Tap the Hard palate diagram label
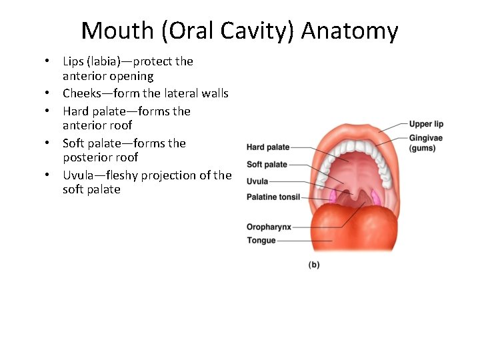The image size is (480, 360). pos(268,147)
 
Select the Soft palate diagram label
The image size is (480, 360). pos(267,164)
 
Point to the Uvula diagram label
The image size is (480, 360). pos(257,181)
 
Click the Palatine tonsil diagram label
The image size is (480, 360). pos(273,197)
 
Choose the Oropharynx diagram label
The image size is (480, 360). pos(269,227)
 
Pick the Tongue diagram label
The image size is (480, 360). pos(261,240)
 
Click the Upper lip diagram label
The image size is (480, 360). pos(426,124)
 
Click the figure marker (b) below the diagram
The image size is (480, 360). pos(313,265)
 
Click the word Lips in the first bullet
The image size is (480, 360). pos(75,61)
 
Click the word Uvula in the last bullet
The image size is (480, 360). pos(79,175)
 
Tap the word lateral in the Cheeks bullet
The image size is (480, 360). pos(177,93)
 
